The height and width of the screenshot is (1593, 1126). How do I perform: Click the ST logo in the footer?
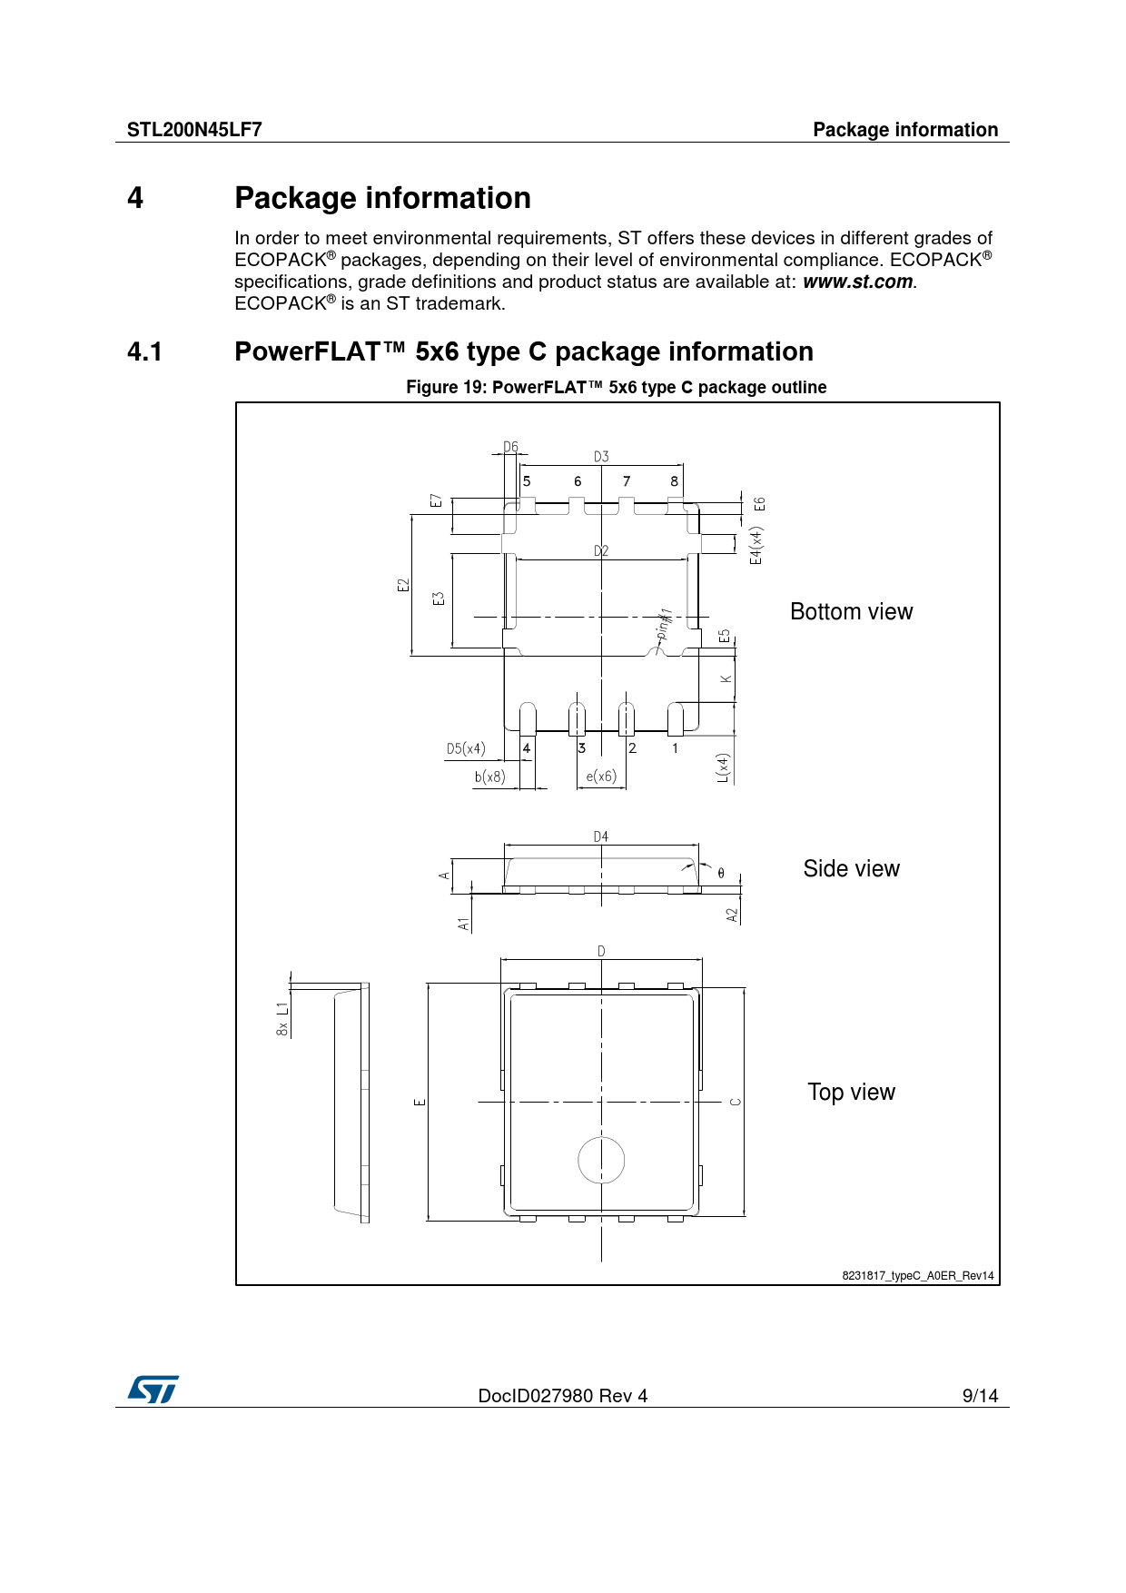pyautogui.click(x=153, y=1390)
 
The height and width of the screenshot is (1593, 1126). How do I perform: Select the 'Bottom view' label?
pyautogui.click(x=851, y=612)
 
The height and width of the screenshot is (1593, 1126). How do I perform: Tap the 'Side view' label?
pyautogui.click(x=851, y=869)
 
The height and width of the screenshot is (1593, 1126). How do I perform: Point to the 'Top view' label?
pyautogui.click(x=851, y=1093)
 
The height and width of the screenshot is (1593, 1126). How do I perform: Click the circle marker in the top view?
pyautogui.click(x=601, y=1161)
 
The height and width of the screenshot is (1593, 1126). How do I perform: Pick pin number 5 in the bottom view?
pyautogui.click(x=527, y=481)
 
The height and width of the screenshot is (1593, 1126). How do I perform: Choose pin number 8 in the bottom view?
pyautogui.click(x=674, y=481)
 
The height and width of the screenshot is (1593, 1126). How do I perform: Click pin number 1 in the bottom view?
pyautogui.click(x=675, y=748)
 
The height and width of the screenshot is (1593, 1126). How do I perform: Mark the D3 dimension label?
pyautogui.click(x=601, y=457)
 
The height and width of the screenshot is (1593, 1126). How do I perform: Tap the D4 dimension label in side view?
pyautogui.click(x=601, y=836)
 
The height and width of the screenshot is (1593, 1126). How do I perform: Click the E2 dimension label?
pyautogui.click(x=403, y=586)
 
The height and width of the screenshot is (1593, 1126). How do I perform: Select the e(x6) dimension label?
pyautogui.click(x=601, y=777)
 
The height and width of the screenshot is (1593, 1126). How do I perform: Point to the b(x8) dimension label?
pyautogui.click(x=490, y=777)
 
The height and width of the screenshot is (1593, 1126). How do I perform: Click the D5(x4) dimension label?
pyautogui.click(x=466, y=749)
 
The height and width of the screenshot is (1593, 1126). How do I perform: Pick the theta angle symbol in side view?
pyautogui.click(x=721, y=874)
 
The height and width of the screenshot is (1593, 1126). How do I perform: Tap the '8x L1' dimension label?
pyautogui.click(x=282, y=1019)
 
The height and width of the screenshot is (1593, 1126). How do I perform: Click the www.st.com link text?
pyautogui.click(x=857, y=282)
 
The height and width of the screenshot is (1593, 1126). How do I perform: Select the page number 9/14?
pyautogui.click(x=980, y=1396)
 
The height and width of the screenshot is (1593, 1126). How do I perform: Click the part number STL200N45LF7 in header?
pyautogui.click(x=194, y=130)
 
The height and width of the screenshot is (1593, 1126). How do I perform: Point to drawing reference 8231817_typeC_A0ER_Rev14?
pyautogui.click(x=917, y=1276)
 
